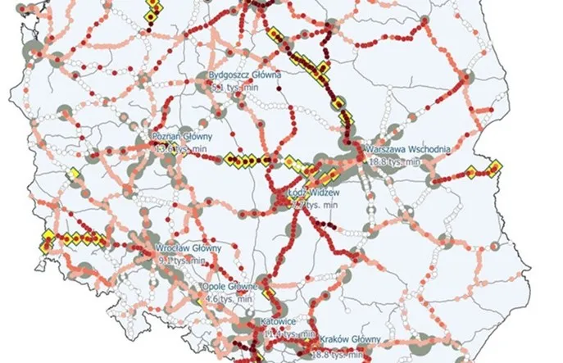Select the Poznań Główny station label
182,136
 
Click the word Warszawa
389,150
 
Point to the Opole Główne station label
230,288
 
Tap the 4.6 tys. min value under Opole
228,300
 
